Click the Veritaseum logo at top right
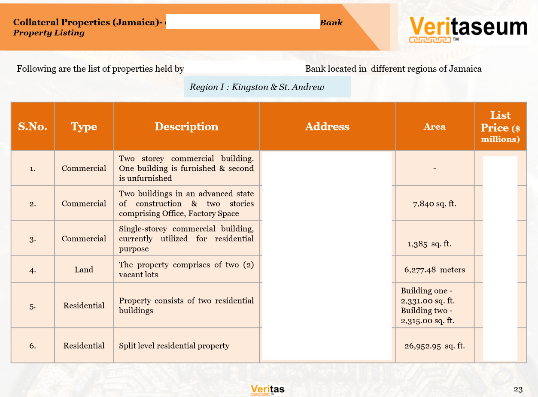(468, 30)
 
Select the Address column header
(327, 127)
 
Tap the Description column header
(186, 127)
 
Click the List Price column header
(500, 127)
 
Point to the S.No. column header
(33, 127)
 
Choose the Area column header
(435, 127)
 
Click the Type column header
(84, 127)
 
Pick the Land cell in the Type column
(84, 270)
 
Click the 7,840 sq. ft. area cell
(435, 203)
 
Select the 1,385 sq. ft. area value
(429, 244)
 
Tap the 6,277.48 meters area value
(435, 270)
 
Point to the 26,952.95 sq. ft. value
(435, 346)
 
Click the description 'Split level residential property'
(174, 346)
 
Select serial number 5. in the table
(33, 306)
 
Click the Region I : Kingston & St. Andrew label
(257, 87)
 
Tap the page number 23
(518, 390)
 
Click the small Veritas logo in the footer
(267, 390)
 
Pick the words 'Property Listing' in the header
(49, 33)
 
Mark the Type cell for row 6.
(84, 346)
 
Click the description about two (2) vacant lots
(186, 270)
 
